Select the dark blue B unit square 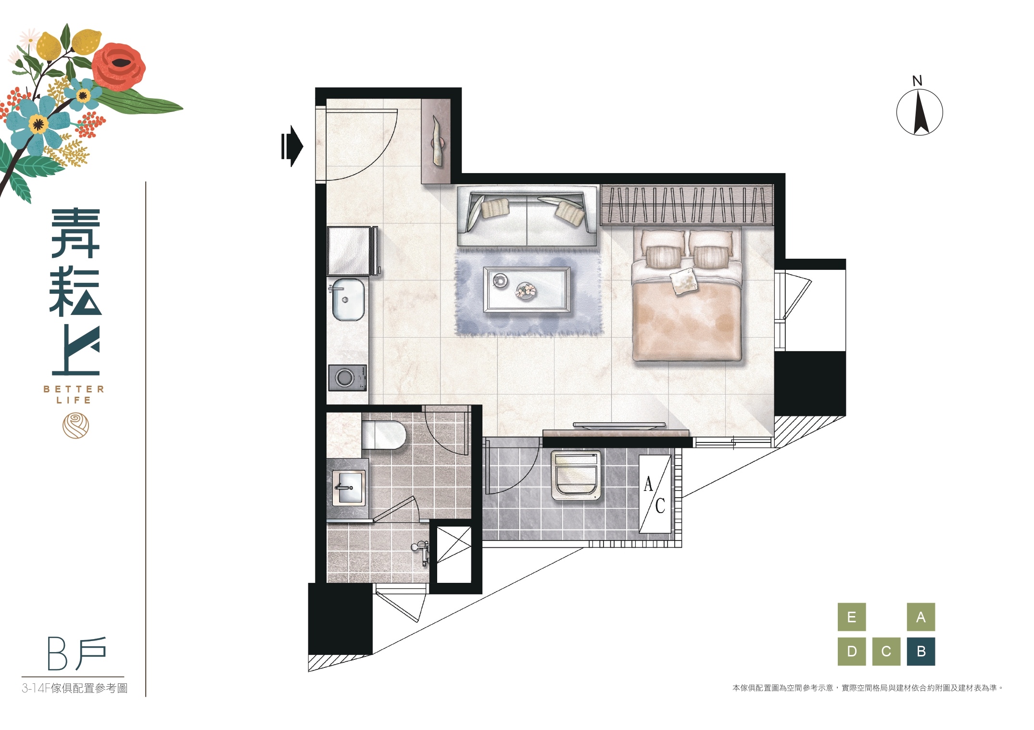[x=921, y=652]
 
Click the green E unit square [x=852, y=617]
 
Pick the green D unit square [x=852, y=652]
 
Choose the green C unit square [x=886, y=652]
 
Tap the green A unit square [x=921, y=617]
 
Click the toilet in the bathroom [x=383, y=435]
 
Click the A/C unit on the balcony [x=655, y=494]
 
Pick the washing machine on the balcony [x=576, y=475]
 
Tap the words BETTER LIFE [x=74, y=394]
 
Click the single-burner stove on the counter [x=348, y=378]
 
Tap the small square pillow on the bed [x=683, y=281]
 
